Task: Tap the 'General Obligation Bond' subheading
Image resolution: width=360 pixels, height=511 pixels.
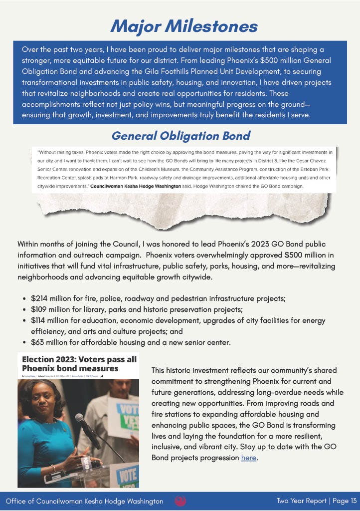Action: (x=180, y=136)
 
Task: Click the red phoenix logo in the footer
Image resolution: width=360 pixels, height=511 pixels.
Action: (x=180, y=501)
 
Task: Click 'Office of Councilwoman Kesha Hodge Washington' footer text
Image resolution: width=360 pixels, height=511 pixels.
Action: (x=84, y=501)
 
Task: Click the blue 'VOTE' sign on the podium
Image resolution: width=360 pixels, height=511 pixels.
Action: (x=127, y=474)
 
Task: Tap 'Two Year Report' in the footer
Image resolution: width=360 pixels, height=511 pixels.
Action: (x=298, y=501)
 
